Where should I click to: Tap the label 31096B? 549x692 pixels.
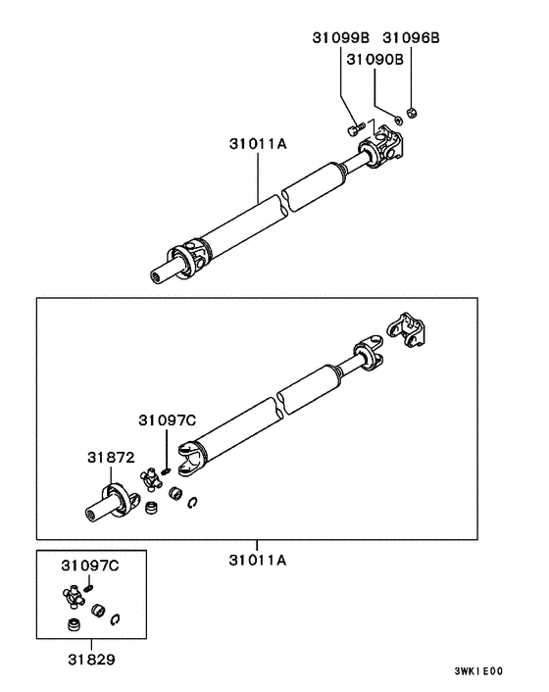click(411, 38)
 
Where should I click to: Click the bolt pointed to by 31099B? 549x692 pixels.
click(356, 126)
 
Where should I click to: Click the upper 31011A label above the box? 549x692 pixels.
click(258, 144)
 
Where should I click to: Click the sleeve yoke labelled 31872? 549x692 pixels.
click(108, 500)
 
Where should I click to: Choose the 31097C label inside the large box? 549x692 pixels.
click(166, 420)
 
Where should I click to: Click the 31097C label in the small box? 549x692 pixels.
click(89, 567)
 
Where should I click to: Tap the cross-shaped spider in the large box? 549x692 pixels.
click(152, 479)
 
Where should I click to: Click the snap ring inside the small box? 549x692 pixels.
click(118, 617)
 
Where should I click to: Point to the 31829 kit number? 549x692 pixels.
click(89, 660)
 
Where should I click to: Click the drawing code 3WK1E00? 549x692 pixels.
click(478, 671)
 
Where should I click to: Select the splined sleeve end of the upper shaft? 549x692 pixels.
click(164, 273)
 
